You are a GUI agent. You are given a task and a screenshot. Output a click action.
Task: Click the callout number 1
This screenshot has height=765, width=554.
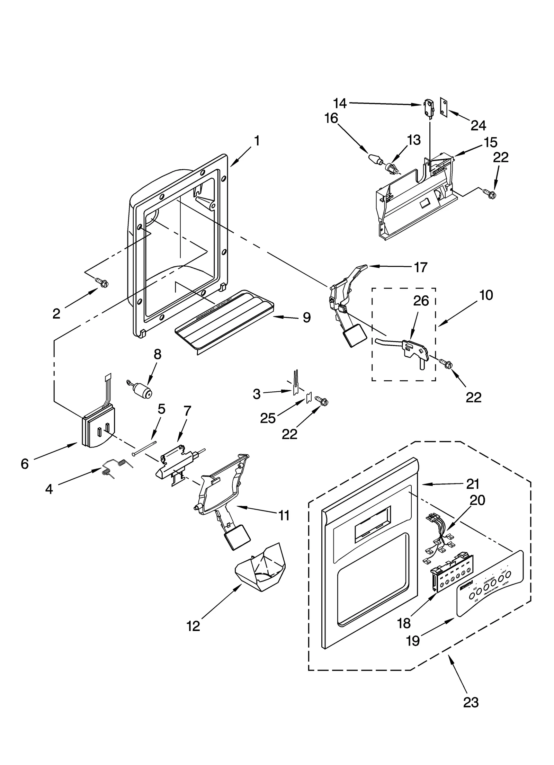[257, 141]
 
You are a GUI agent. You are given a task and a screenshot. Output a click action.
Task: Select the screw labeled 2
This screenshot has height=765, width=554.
[102, 283]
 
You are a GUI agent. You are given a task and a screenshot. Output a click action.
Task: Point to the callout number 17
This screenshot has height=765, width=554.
[421, 268]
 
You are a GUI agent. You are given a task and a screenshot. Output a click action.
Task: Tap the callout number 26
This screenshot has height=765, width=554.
[421, 301]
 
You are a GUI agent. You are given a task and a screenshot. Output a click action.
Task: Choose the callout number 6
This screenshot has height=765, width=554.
[25, 464]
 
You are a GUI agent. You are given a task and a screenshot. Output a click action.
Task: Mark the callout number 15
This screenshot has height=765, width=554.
[490, 142]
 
